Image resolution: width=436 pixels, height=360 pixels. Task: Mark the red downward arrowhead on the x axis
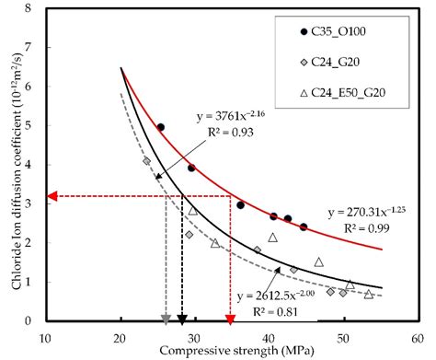[x=230, y=319]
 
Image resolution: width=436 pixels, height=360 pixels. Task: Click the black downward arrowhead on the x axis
[x=183, y=319]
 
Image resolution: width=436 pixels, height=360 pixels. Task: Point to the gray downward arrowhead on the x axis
[x=166, y=319]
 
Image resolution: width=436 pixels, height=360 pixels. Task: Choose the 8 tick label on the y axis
[x=36, y=10]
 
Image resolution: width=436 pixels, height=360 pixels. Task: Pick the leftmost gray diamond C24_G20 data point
[x=146, y=161]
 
